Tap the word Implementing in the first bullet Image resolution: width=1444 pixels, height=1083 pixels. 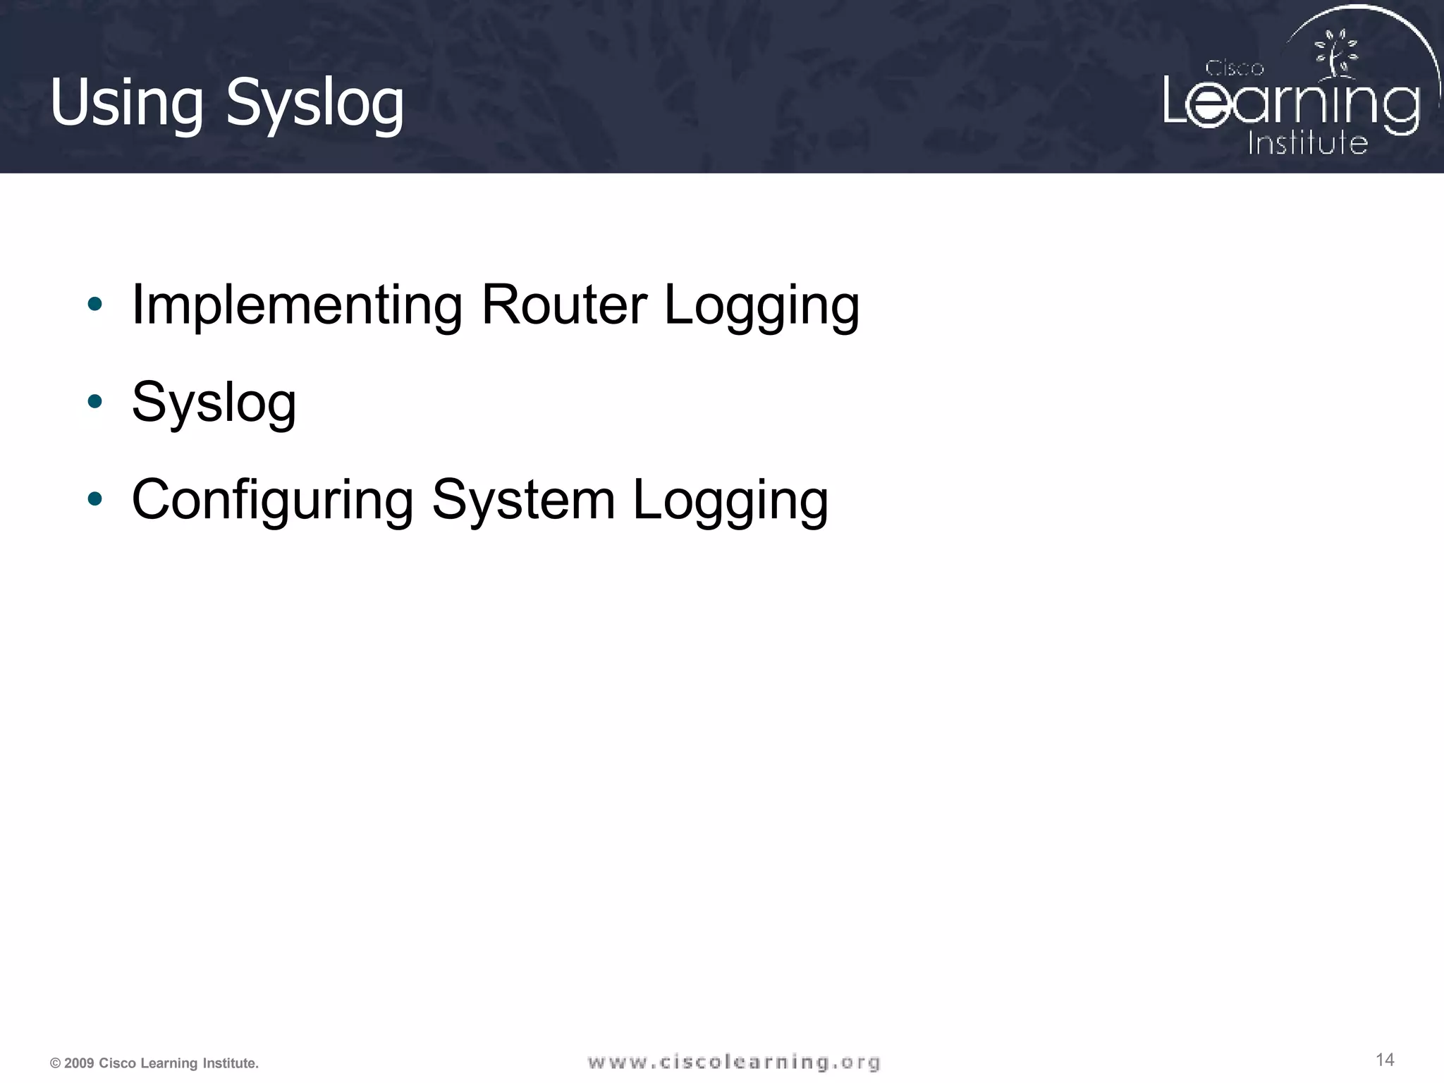(x=297, y=305)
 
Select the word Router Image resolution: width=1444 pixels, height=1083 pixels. (x=564, y=305)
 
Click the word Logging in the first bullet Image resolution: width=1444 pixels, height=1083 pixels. (x=761, y=305)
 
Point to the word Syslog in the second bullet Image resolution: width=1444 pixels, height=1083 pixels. (x=214, y=403)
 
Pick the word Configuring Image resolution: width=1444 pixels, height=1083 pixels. (x=273, y=500)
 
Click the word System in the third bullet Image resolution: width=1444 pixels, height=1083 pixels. (x=523, y=500)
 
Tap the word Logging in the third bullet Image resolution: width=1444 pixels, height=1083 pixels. (x=730, y=500)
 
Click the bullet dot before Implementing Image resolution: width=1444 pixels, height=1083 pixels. (x=94, y=305)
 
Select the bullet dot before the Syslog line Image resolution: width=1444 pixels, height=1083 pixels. (x=94, y=402)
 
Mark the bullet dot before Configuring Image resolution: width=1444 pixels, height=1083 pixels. (x=94, y=499)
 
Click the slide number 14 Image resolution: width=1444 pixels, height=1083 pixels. (x=1385, y=1060)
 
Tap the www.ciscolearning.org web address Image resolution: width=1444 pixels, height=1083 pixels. (x=734, y=1062)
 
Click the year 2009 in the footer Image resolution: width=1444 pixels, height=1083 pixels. (x=78, y=1063)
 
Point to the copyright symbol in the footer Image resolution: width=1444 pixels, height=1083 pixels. (x=55, y=1063)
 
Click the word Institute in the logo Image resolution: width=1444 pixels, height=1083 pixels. (x=1307, y=142)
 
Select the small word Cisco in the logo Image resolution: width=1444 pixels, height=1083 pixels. (x=1234, y=68)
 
